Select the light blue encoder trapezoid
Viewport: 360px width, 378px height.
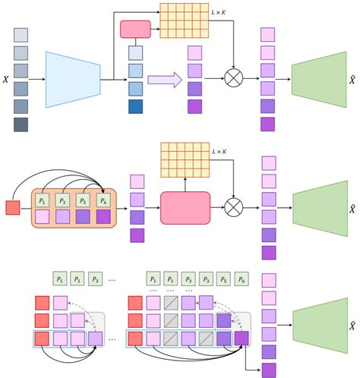pyautogui.click(x=74, y=79)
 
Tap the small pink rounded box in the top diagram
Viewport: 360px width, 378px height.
pyautogui.click(x=136, y=30)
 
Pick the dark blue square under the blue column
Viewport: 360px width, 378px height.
pyautogui.click(x=135, y=106)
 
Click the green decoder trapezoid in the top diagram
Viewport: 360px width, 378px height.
pyautogui.click(x=319, y=79)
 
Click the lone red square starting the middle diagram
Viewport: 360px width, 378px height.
pyautogui.click(x=13, y=207)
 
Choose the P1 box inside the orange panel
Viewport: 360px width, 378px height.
pyautogui.click(x=43, y=200)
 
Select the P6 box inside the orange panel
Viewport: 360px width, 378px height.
pyautogui.click(x=103, y=200)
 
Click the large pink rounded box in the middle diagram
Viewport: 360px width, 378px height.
pyautogui.click(x=185, y=207)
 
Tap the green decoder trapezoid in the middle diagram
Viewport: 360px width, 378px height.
pyautogui.click(x=319, y=207)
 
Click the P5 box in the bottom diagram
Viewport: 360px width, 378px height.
pyautogui.click(x=223, y=278)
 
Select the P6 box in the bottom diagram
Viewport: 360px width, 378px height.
pyautogui.click(x=242, y=278)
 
